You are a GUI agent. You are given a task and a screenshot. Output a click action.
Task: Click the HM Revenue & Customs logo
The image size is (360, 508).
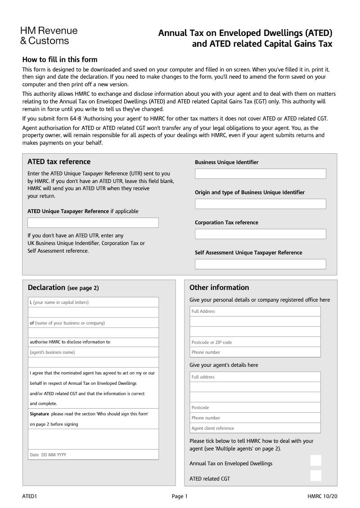click(49, 36)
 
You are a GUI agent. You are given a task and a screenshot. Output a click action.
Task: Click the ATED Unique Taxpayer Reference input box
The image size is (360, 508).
click(93, 223)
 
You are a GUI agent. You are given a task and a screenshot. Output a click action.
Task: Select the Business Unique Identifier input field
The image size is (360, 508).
click(260, 174)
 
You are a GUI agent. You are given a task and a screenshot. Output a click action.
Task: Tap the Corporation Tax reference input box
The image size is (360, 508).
click(260, 234)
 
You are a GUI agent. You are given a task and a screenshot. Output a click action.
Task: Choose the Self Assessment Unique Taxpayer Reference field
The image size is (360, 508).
click(260, 264)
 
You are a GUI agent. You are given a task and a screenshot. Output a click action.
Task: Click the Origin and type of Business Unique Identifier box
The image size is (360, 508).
click(260, 204)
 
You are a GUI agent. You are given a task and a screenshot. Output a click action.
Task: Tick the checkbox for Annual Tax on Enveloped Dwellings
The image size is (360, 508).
click(316, 460)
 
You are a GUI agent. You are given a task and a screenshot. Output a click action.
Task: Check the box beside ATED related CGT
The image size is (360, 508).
click(316, 476)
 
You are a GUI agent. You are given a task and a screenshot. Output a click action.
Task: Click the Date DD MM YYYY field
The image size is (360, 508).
click(94, 455)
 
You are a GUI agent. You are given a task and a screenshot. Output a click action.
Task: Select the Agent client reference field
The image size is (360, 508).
click(255, 428)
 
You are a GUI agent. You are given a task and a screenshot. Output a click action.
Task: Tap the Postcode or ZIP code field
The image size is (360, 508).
click(255, 342)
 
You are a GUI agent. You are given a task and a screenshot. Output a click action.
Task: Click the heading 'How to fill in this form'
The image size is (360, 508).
click(60, 59)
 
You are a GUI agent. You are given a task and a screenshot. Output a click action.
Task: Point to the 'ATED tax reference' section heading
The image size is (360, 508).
click(59, 162)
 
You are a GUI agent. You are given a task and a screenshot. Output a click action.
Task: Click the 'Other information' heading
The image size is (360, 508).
click(219, 288)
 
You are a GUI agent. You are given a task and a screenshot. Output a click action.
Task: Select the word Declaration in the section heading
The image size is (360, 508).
click(46, 288)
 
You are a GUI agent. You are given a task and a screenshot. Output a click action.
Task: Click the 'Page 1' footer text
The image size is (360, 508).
click(180, 496)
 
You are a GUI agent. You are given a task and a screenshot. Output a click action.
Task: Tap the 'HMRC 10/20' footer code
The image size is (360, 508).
click(322, 496)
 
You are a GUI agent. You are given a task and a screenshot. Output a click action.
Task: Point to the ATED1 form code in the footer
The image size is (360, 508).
click(29, 496)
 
